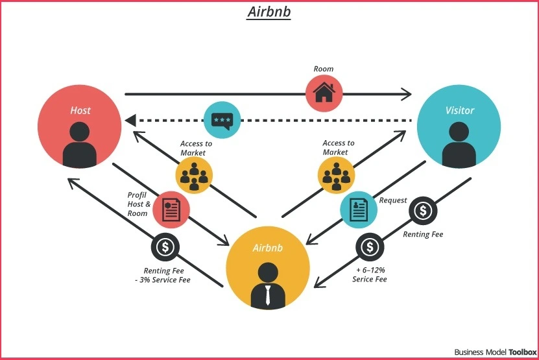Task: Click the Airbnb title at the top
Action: tap(269, 12)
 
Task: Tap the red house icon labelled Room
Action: tap(324, 92)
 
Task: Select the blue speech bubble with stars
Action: tap(222, 120)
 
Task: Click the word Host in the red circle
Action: tap(80, 110)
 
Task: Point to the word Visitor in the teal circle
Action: tap(459, 110)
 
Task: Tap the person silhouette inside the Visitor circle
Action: tap(459, 147)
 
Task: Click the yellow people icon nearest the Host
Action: tap(194, 174)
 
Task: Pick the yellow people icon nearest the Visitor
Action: tap(336, 174)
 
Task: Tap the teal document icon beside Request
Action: tap(359, 210)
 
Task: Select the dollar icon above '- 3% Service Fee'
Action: tap(165, 247)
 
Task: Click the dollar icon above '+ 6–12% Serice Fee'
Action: tap(370, 247)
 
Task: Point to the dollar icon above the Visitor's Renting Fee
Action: tap(423, 210)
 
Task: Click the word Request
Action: tap(393, 200)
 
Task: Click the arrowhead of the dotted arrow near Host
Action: tap(130, 121)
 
